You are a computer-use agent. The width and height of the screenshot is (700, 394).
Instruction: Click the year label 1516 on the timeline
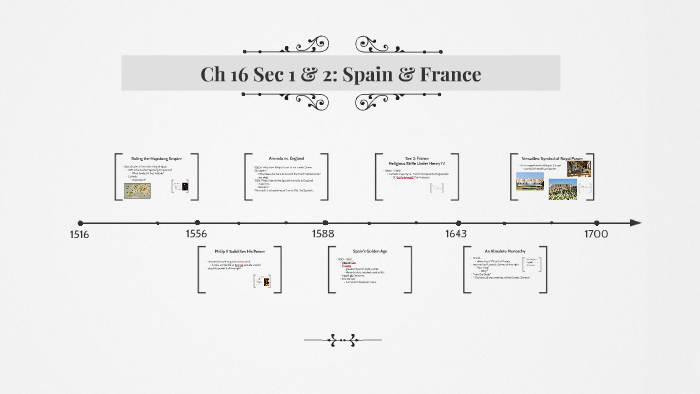pyautogui.click(x=79, y=234)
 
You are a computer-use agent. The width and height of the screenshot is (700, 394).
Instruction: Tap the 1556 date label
pyautogui.click(x=196, y=234)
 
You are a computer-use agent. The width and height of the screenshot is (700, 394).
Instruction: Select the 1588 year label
pyautogui.click(x=323, y=234)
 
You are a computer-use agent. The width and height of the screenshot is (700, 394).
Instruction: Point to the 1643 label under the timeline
pyautogui.click(x=456, y=234)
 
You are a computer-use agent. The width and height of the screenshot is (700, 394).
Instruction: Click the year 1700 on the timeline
pyautogui.click(x=596, y=234)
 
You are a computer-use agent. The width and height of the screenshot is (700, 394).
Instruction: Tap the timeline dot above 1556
pyautogui.click(x=197, y=222)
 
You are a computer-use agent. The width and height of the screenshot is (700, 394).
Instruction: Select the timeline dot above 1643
pyautogui.click(x=458, y=222)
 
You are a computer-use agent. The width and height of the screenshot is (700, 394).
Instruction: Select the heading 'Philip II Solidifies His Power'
pyautogui.click(x=241, y=250)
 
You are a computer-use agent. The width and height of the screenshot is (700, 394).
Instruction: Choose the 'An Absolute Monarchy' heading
pyautogui.click(x=505, y=250)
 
